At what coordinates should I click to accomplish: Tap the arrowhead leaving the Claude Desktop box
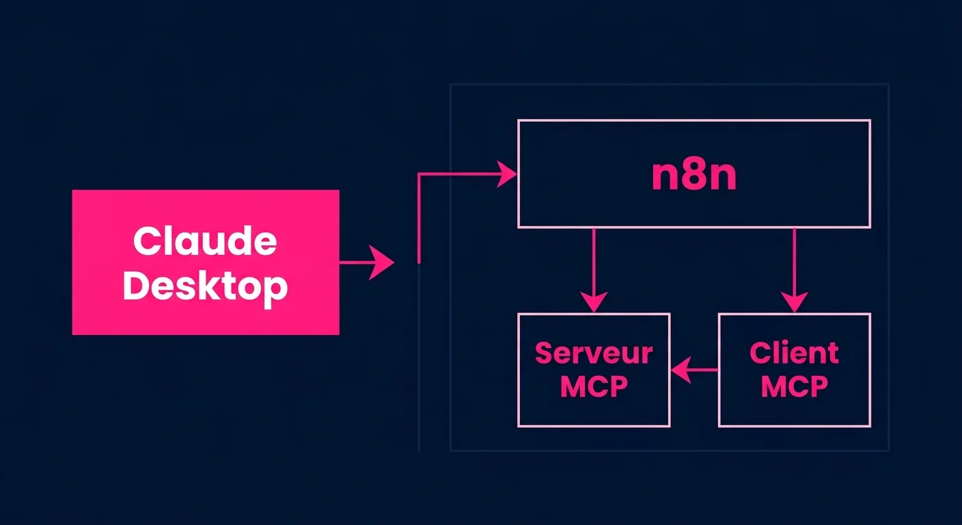[383, 262]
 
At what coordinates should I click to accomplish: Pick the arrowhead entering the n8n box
[507, 174]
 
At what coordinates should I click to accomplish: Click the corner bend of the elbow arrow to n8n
[419, 175]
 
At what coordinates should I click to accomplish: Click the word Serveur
[594, 353]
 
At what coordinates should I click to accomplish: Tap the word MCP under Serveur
[594, 386]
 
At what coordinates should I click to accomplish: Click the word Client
[794, 353]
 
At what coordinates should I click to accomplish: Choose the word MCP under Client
[794, 386]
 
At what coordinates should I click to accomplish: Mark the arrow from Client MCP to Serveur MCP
[693, 370]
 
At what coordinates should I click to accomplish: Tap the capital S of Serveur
[545, 353]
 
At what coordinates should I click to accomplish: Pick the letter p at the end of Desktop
[275, 289]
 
